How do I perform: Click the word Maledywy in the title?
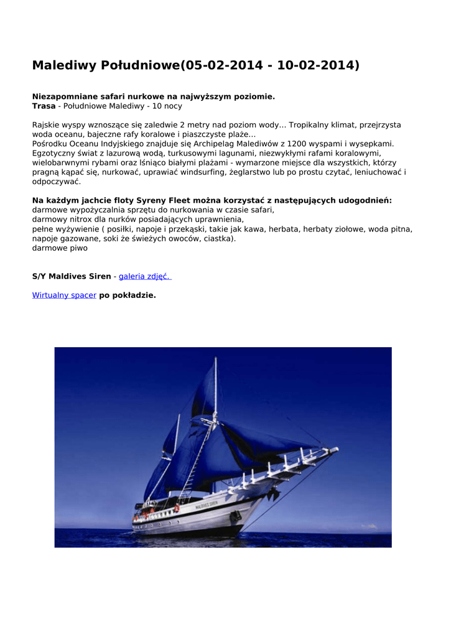[60, 65]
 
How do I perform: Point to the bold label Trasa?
[44, 106]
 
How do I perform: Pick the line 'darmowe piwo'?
[60, 248]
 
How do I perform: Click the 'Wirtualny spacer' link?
[64, 295]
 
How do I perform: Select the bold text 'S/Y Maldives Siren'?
[72, 276]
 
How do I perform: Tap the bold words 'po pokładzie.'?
[128, 295]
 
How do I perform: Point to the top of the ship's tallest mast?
[215, 359]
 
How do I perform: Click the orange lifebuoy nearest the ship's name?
[177, 508]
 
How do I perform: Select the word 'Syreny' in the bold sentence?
[141, 200]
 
